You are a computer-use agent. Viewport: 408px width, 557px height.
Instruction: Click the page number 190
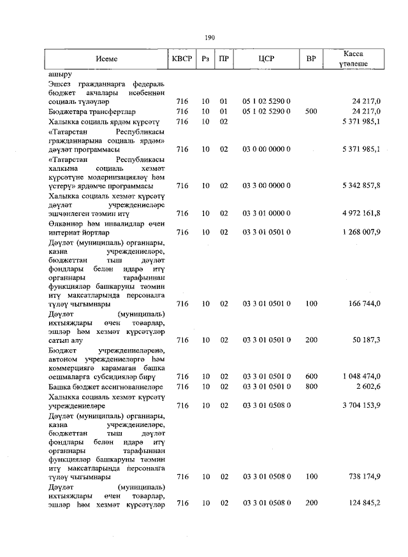[210, 38]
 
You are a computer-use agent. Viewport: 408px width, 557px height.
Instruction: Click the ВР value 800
[311, 387]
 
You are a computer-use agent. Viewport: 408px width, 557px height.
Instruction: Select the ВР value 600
[311, 377]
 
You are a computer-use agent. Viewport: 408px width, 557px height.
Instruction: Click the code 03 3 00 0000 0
[266, 185]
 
